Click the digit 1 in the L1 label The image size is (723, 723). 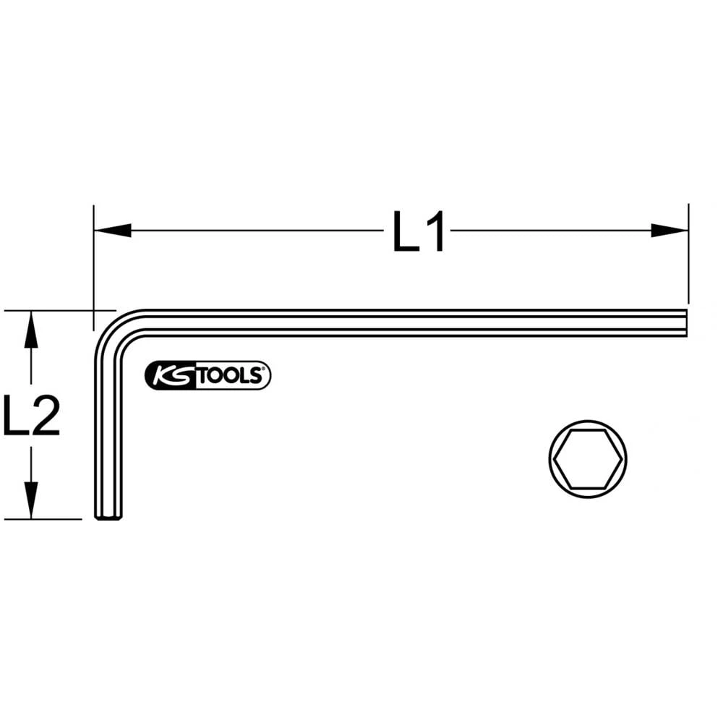click(434, 231)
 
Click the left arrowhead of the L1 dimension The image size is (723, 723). click(113, 231)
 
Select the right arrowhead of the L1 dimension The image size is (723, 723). click(669, 231)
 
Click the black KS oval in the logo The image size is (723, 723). click(171, 376)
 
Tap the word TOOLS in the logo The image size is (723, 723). click(230, 376)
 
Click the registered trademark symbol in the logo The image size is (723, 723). click(265, 370)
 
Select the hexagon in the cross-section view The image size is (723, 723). click(587, 458)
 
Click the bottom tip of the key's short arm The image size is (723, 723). click(108, 516)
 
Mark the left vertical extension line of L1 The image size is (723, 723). click(93, 260)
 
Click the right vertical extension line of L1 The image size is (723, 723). click(688, 253)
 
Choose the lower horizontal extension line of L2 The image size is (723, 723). click(43, 519)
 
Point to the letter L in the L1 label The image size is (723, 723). click(405, 231)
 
